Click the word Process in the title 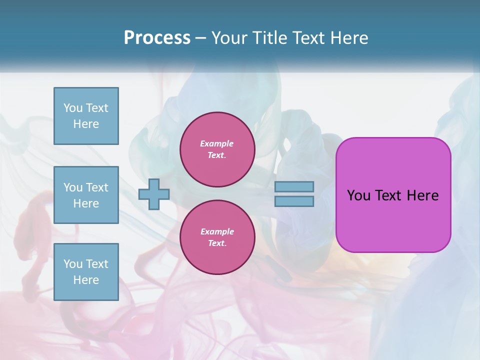157,38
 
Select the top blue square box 86,116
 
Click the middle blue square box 86,195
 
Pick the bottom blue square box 86,272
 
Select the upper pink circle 217,149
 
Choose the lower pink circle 217,237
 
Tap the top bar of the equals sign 294,186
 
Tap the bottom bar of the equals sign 294,201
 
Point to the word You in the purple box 358,195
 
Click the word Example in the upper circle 217,143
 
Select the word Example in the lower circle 217,231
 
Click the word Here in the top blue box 86,124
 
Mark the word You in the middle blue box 73,187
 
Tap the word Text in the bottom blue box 97,264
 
